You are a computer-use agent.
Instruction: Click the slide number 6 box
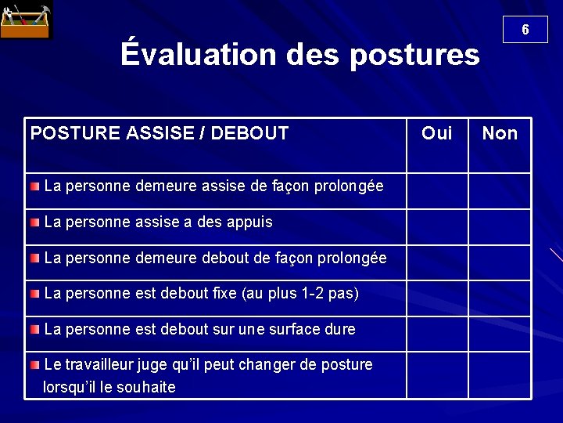(x=525, y=30)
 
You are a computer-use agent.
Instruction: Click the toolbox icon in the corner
(x=24, y=21)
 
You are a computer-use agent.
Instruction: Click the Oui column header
(x=436, y=133)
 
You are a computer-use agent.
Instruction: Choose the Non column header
(x=500, y=133)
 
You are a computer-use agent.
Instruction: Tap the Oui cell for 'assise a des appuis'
(x=436, y=226)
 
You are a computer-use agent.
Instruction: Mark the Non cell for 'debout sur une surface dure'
(x=500, y=334)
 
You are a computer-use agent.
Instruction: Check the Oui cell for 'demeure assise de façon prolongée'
(x=436, y=190)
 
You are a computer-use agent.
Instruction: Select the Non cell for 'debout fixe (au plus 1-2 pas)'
(x=500, y=298)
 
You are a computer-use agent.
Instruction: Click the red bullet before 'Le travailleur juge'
(x=35, y=365)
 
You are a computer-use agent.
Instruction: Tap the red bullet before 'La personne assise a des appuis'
(x=35, y=222)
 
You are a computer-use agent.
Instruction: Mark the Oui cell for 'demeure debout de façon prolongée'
(x=436, y=262)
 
